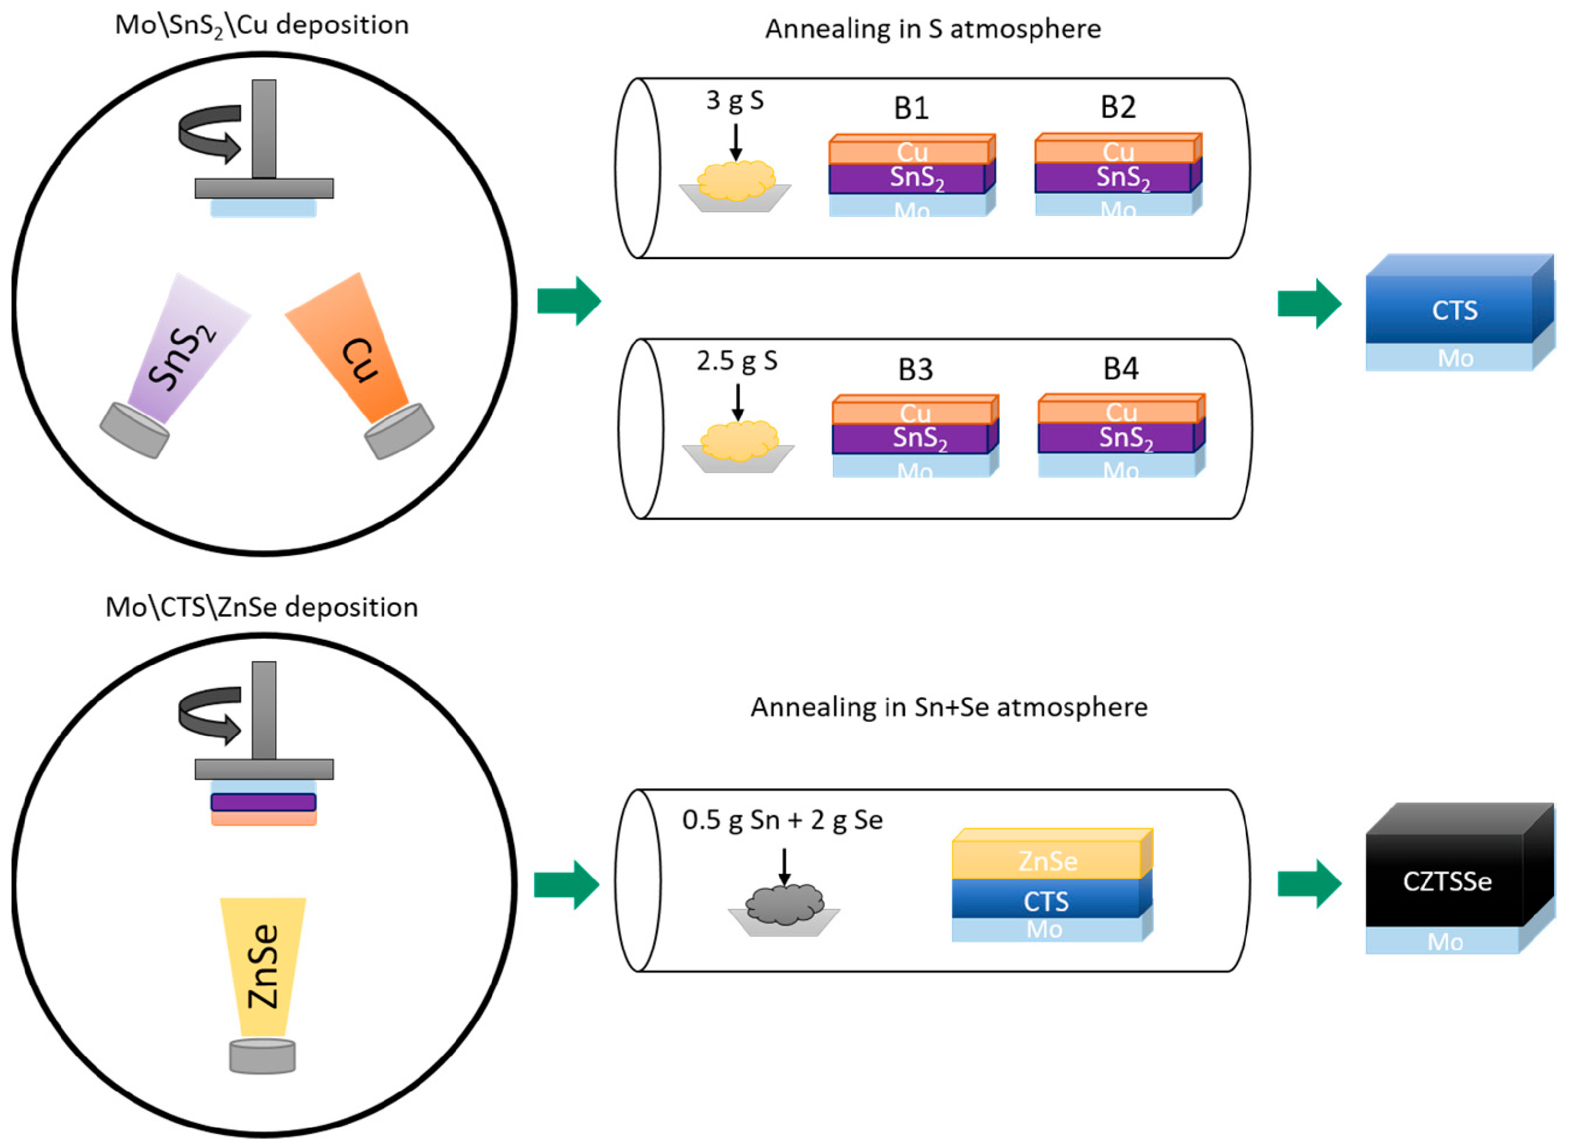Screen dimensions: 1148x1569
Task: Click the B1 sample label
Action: click(x=910, y=109)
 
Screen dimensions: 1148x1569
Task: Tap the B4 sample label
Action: click(x=1120, y=368)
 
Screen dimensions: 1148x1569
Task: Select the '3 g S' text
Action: click(x=735, y=101)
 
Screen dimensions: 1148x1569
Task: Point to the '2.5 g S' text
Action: click(x=736, y=361)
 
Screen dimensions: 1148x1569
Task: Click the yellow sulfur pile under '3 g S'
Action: click(x=735, y=181)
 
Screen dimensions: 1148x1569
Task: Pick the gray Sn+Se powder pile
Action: click(x=784, y=904)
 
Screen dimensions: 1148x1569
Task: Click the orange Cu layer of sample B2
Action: click(x=1117, y=151)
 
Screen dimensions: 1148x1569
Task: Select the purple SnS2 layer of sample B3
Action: click(x=916, y=438)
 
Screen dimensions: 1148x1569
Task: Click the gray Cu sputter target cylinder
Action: click(x=399, y=432)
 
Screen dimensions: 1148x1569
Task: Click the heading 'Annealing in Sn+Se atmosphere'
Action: click(x=949, y=707)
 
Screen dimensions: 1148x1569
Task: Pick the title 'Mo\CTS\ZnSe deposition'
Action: click(x=261, y=607)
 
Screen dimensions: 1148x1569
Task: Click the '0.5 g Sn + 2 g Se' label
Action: click(x=782, y=820)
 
